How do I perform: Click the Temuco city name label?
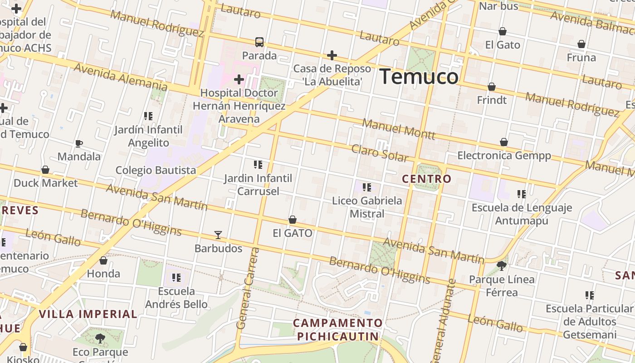pyautogui.click(x=419, y=76)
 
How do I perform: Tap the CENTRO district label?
pyautogui.click(x=427, y=179)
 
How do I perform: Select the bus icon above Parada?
pyautogui.click(x=259, y=42)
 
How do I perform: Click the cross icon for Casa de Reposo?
pyautogui.click(x=332, y=55)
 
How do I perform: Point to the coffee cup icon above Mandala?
pyautogui.click(x=79, y=144)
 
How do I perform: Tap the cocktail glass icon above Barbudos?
pyautogui.click(x=218, y=235)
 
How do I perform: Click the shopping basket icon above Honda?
pyautogui.click(x=103, y=260)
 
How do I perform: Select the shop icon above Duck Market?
pyautogui.click(x=45, y=170)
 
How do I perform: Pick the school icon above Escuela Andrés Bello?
pyautogui.click(x=176, y=277)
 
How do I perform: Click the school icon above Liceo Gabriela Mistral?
pyautogui.click(x=367, y=187)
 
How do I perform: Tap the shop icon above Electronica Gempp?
pyautogui.click(x=504, y=142)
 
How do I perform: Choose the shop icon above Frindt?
pyautogui.click(x=492, y=86)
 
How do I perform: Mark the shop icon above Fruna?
pyautogui.click(x=581, y=44)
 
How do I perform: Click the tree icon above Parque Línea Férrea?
pyautogui.click(x=502, y=265)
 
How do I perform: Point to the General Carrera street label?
pyautogui.click(x=248, y=289)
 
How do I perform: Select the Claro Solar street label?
pyautogui.click(x=380, y=153)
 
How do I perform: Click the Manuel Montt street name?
pyautogui.click(x=399, y=129)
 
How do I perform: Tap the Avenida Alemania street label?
pyautogui.click(x=120, y=77)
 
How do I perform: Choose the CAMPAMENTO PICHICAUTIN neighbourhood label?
pyautogui.click(x=338, y=330)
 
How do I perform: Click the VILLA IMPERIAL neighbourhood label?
pyautogui.click(x=88, y=314)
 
